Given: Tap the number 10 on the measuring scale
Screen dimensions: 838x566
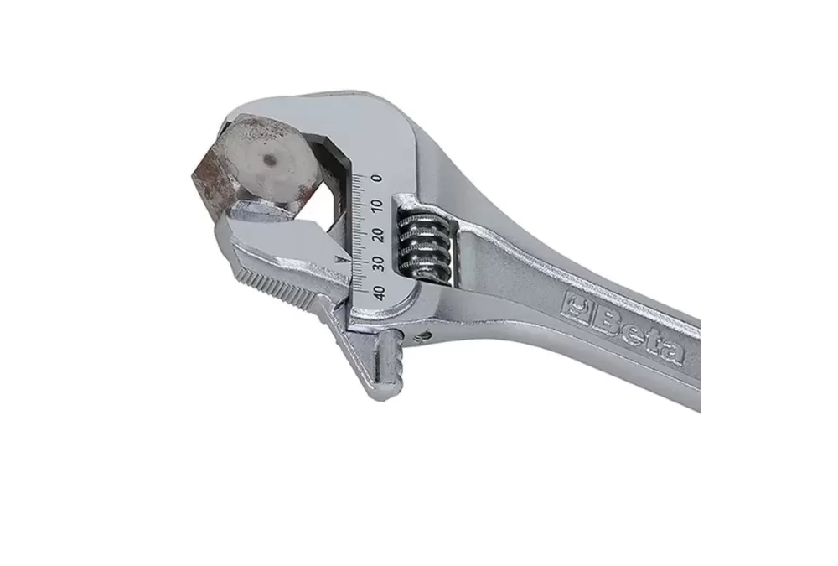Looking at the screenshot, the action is pyautogui.click(x=378, y=205).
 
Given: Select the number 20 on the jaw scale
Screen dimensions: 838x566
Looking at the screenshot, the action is pyautogui.click(x=379, y=234).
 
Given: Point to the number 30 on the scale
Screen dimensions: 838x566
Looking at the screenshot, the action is pyautogui.click(x=379, y=263).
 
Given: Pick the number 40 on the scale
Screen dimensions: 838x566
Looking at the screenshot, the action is pyautogui.click(x=380, y=293).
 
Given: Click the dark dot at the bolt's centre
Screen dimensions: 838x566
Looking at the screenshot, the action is pyautogui.click(x=269, y=160).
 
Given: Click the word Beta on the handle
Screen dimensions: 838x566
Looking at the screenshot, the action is pyautogui.click(x=639, y=333).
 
